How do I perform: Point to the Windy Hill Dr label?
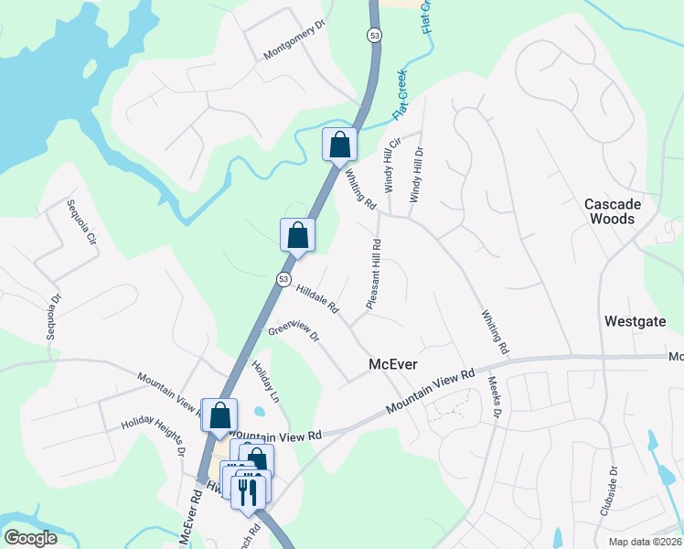click(x=417, y=175)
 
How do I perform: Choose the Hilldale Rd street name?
click(x=317, y=298)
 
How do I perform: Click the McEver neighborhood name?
click(x=392, y=364)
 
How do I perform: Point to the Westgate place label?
click(x=633, y=321)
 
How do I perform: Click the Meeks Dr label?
click(x=495, y=397)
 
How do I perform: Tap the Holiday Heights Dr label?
click(x=154, y=438)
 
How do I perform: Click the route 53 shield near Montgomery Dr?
click(x=373, y=36)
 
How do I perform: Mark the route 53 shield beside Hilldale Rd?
click(x=284, y=279)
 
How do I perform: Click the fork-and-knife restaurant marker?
click(x=249, y=491)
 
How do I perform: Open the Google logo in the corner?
click(x=30, y=538)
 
